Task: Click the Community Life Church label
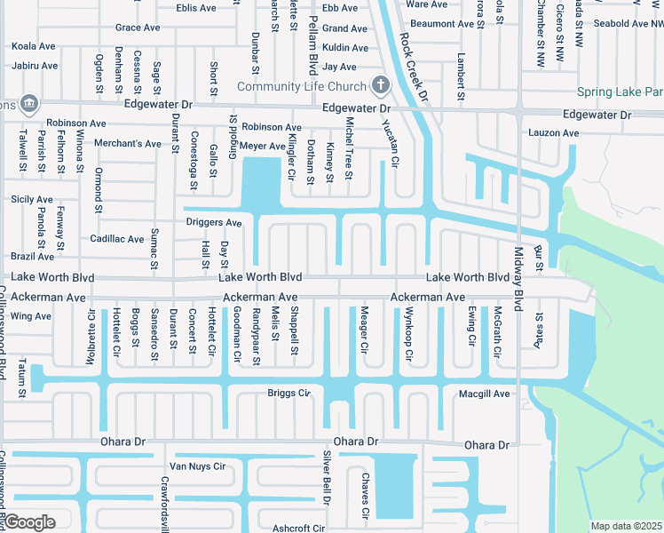coord(301,86)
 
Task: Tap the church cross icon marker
coord(380,85)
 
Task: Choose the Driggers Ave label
coord(213,222)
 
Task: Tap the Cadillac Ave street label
coord(117,239)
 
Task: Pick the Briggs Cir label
coord(289,393)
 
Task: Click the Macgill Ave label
coord(484,394)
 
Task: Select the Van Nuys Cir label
coord(199,465)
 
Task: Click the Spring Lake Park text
coord(620,91)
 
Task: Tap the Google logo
coord(29,522)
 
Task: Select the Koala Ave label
coord(35,45)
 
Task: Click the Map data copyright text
coord(625,526)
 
